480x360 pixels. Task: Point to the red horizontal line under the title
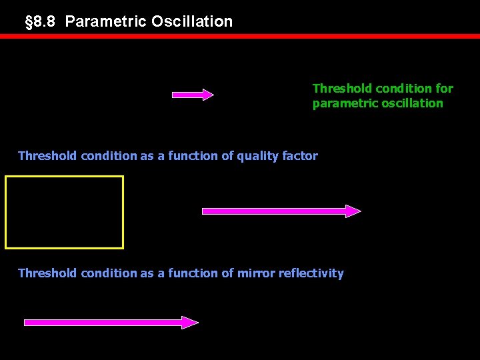240,36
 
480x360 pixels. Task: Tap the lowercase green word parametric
344,103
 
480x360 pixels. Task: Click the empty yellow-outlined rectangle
65,212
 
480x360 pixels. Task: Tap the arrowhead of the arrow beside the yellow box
353,211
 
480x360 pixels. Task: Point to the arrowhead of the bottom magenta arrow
191,323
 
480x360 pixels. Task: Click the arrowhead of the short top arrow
207,95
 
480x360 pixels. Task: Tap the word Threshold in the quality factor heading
47,156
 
